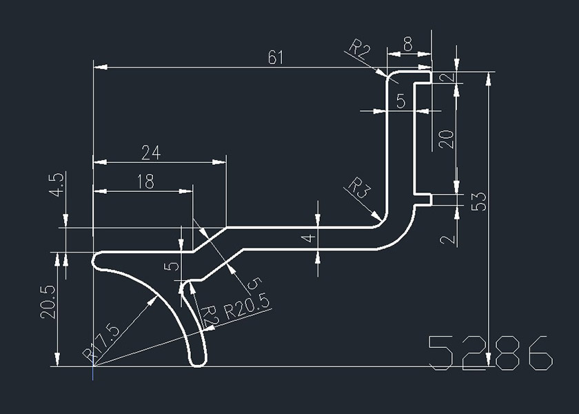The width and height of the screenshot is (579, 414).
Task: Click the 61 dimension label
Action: pos(276,57)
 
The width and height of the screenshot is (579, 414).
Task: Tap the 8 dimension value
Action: pos(408,45)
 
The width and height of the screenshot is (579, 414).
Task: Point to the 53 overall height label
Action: pos(478,201)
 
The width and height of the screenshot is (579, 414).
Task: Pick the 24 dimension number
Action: pos(151,152)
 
